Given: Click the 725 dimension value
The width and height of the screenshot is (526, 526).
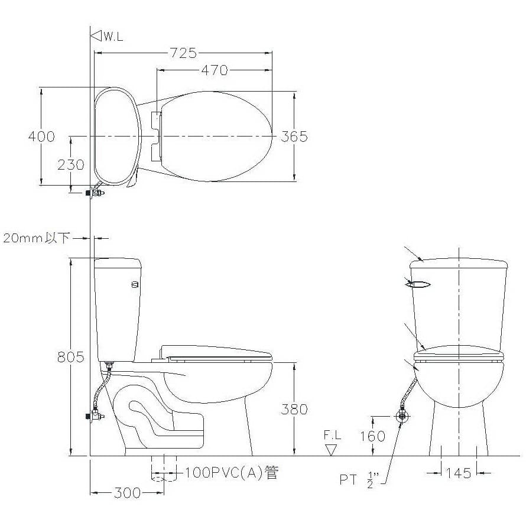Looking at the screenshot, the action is [183, 53].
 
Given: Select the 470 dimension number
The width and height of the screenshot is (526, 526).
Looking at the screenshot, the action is [215, 70].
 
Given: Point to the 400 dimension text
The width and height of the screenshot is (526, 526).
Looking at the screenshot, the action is [41, 137].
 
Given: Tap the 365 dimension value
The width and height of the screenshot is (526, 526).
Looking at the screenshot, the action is [294, 137].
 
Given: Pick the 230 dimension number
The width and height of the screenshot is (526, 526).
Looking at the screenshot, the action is [71, 165].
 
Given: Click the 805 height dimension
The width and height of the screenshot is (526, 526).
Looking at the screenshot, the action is [70, 357].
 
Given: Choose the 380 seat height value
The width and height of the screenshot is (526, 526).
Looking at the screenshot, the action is [294, 409].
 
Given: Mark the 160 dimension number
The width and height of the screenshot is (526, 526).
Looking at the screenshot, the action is [373, 436].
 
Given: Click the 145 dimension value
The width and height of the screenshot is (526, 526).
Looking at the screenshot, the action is [459, 473].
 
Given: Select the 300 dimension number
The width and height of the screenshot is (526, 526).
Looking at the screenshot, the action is [127, 493].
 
